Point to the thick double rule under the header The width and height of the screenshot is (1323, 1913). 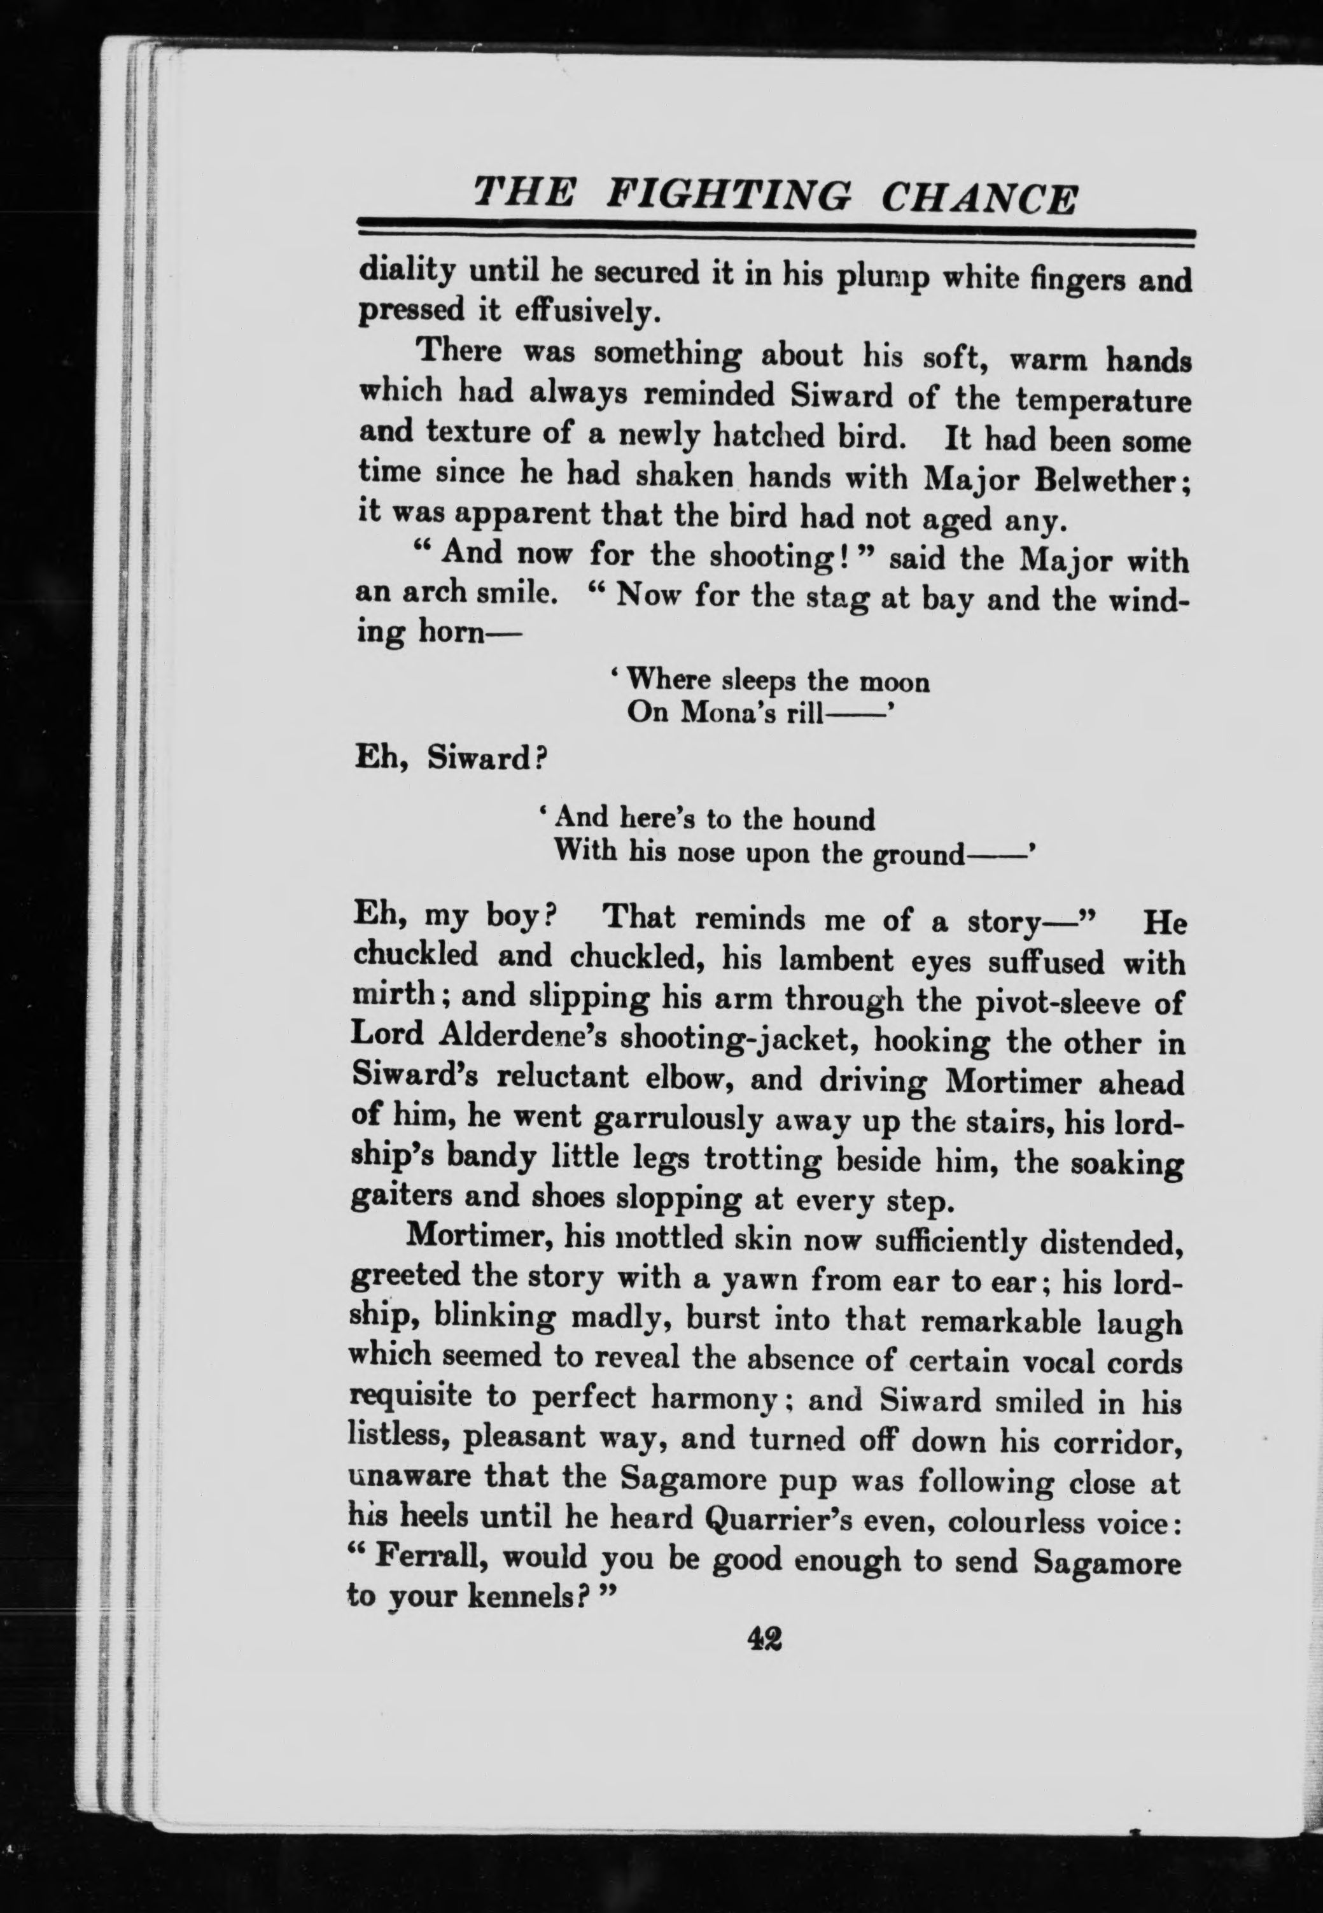coord(775,235)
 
